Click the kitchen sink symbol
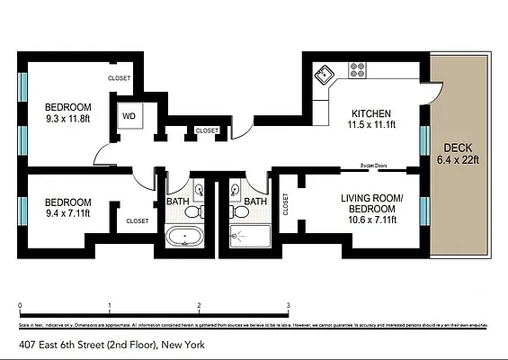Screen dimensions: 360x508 coord(325,73)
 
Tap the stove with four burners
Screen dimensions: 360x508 coord(357,68)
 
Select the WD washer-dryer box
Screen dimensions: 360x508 coord(129,116)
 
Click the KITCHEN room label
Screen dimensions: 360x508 coord(371,113)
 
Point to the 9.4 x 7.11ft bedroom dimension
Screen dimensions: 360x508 coord(68,214)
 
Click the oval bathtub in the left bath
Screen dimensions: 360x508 coord(185,238)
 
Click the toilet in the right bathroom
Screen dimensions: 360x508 coord(239,213)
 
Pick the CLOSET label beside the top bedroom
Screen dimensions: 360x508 coord(119,78)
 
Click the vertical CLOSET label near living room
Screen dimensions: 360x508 coord(286,205)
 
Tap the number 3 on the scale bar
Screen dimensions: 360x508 coord(288,306)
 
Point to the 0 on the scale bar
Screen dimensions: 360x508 coord(20,306)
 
